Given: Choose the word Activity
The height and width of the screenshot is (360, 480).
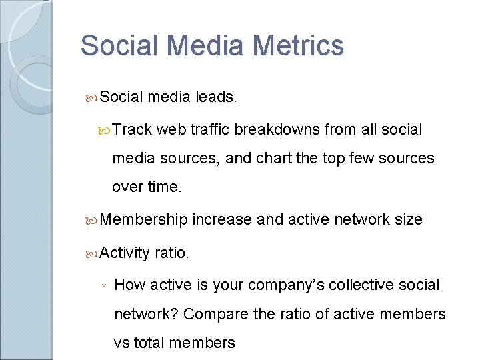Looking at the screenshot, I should pos(125,253).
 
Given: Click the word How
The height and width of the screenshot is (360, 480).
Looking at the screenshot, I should pos(129,285).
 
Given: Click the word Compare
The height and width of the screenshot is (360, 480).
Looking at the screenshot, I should pos(217,314).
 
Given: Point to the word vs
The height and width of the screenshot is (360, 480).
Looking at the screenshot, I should pos(121,343).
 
